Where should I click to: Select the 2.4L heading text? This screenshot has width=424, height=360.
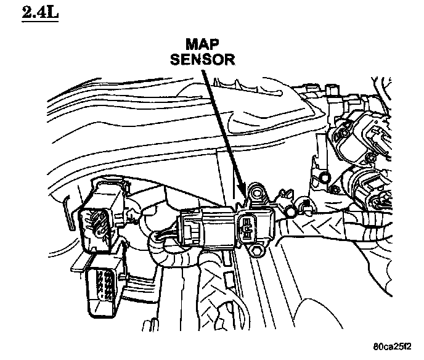point(39,13)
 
